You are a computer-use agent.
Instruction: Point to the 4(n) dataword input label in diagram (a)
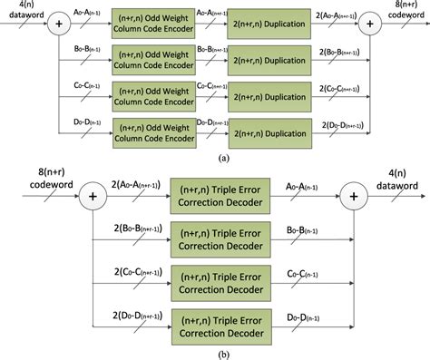21,10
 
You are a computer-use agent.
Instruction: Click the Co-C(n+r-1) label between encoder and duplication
203,88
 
